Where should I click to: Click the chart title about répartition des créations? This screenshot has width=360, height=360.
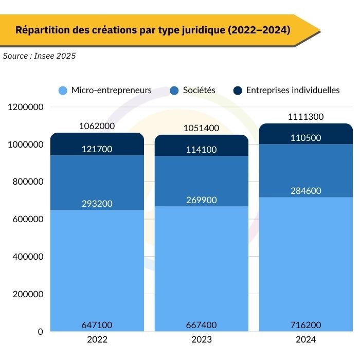tap(153, 30)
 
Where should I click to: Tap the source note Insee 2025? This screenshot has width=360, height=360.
tap(39, 56)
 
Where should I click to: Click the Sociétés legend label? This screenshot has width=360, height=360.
tap(199, 90)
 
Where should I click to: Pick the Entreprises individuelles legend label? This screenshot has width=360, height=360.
tap(293, 90)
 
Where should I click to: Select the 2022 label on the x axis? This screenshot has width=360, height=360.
tap(97, 340)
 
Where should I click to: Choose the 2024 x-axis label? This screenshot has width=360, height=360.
tap(306, 340)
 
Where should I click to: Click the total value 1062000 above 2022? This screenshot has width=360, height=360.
tap(97, 126)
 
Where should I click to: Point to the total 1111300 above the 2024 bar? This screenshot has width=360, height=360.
tap(306, 117)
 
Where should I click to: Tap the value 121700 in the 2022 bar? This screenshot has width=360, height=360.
tap(97, 149)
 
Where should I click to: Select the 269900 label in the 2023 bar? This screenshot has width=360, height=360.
tap(201, 199)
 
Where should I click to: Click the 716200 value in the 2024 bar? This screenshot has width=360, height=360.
tap(306, 325)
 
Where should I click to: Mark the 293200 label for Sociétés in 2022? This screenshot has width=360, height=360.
tap(97, 203)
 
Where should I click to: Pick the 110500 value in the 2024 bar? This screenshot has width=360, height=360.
tap(306, 139)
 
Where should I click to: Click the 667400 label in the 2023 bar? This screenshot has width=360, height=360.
tap(201, 325)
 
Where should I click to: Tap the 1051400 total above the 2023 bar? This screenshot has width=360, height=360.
tap(201, 128)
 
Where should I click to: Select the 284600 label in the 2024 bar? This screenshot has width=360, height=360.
tap(306, 191)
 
